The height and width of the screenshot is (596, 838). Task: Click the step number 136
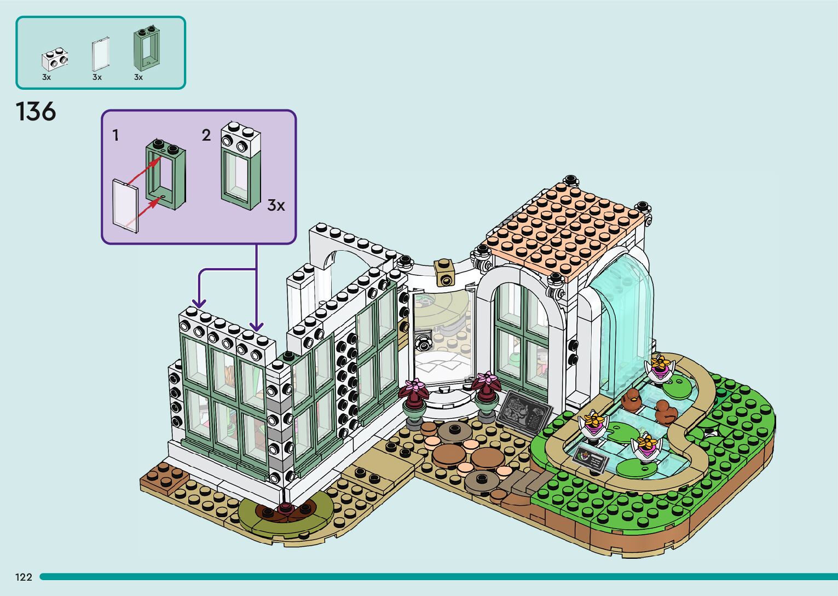coord(36,112)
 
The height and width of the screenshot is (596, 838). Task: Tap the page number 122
coord(24,577)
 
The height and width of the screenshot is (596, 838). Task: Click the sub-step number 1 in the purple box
coord(115,135)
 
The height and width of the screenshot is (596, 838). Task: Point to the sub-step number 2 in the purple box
coord(206,135)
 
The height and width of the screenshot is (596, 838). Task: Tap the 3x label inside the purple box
coord(276,205)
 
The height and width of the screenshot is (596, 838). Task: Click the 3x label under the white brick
coord(47,78)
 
